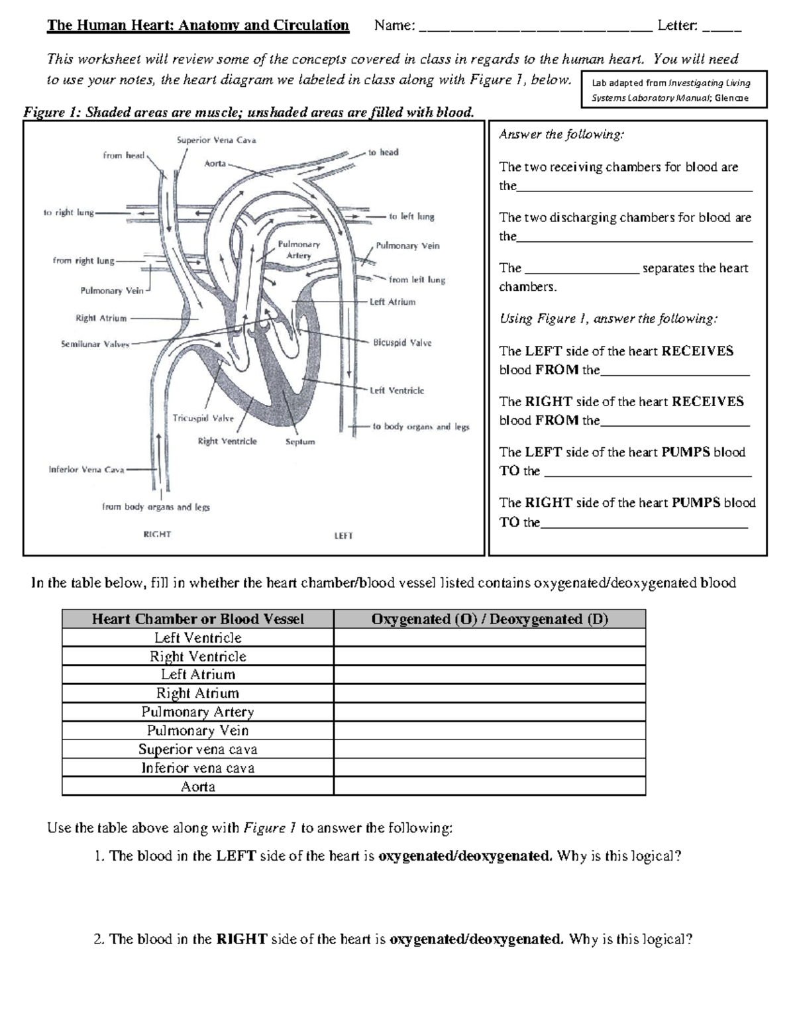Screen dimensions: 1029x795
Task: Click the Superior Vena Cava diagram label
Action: point(216,140)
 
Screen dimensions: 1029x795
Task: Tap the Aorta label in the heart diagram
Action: point(215,164)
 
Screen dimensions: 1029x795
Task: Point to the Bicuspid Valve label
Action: point(402,343)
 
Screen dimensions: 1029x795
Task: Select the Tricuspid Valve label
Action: point(203,419)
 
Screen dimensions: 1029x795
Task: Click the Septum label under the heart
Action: point(300,442)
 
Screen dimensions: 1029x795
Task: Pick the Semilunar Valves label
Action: point(95,345)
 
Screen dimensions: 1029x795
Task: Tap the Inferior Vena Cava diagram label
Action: point(86,470)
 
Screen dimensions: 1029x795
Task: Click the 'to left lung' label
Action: point(411,217)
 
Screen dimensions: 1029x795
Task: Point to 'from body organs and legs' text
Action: point(156,508)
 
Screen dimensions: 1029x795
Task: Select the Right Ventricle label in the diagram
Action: point(227,441)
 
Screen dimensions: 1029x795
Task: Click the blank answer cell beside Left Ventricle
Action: point(489,638)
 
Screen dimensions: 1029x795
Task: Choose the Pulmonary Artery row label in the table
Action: point(197,712)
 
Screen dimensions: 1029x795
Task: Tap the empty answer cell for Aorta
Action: point(489,786)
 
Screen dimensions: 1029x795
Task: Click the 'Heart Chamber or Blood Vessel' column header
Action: point(197,620)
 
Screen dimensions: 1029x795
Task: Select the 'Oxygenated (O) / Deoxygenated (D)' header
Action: point(489,620)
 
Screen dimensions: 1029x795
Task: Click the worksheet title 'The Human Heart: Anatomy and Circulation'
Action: point(197,26)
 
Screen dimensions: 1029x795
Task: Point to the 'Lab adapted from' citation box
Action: point(673,90)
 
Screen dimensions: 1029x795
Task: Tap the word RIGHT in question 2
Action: point(242,940)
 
